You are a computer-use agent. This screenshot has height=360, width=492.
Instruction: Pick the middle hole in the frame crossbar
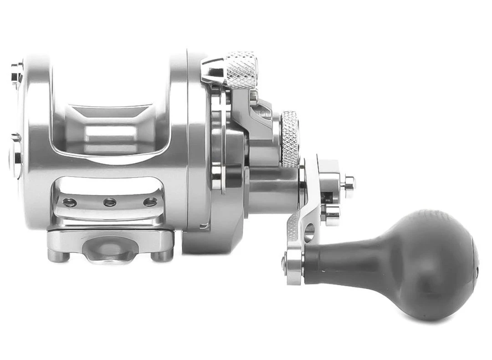[x=109, y=202]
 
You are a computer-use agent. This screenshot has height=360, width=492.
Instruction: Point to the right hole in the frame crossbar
[x=150, y=202]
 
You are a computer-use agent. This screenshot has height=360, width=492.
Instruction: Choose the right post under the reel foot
[x=162, y=255]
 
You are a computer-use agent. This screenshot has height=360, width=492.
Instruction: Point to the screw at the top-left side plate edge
[x=17, y=73]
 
